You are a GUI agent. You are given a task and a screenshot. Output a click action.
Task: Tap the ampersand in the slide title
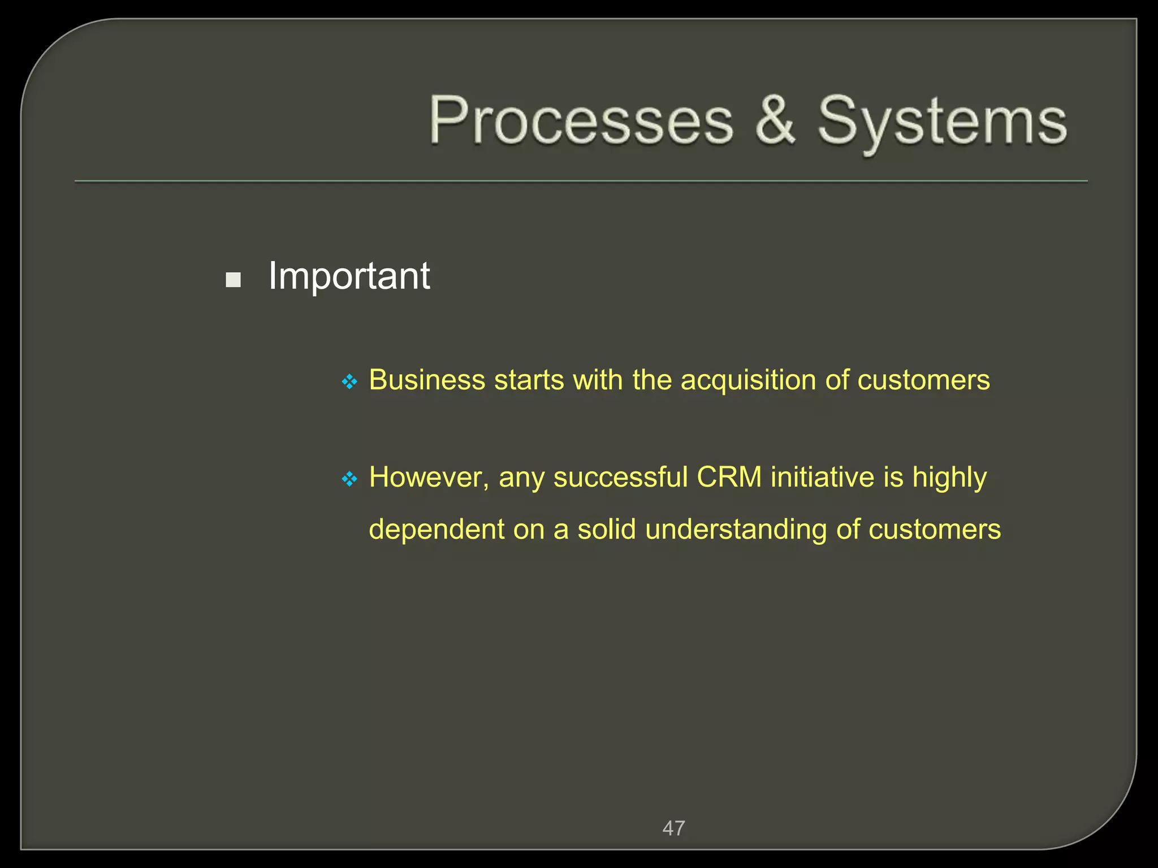coord(776,119)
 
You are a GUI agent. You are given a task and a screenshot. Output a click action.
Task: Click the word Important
coord(349,276)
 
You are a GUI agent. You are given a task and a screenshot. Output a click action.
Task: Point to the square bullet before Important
coord(233,280)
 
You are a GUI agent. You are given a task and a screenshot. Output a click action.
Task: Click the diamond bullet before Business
coord(349,382)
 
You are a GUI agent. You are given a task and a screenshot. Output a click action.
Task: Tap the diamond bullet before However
coord(349,480)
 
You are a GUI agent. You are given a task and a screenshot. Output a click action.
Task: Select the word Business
coord(427,380)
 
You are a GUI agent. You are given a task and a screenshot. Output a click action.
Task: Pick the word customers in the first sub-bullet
coord(923,380)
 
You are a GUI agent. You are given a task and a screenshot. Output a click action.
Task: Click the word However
coord(429,478)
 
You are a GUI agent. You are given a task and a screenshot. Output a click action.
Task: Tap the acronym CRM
coord(729,478)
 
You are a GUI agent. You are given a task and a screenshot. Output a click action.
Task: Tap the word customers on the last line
coord(934,530)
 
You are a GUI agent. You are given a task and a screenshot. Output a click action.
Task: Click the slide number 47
coord(673,828)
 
